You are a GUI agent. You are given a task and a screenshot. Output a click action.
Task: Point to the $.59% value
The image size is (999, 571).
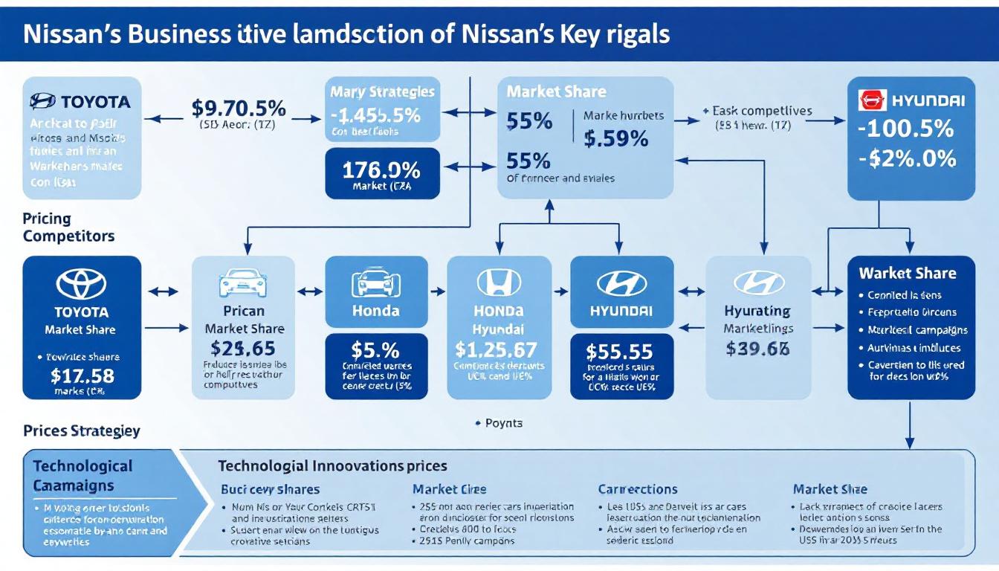click(616, 138)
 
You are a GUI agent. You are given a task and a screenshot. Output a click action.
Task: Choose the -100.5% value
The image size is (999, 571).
click(911, 129)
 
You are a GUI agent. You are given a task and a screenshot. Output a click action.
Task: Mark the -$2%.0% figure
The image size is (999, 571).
click(911, 158)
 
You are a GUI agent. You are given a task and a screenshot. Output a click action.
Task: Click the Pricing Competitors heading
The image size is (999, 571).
click(68, 228)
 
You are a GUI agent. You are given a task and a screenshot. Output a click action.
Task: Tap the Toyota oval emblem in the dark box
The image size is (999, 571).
click(81, 283)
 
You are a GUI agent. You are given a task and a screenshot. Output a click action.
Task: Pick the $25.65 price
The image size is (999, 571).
click(243, 348)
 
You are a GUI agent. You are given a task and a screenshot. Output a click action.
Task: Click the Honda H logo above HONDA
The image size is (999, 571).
click(499, 283)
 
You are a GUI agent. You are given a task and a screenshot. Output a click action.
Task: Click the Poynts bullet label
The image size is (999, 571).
click(503, 423)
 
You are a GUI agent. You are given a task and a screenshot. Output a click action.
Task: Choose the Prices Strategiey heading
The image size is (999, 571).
click(81, 430)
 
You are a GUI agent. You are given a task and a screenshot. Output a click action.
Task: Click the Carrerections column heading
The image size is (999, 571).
click(637, 489)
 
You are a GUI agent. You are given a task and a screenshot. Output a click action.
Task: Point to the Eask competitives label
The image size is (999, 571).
click(761, 111)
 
